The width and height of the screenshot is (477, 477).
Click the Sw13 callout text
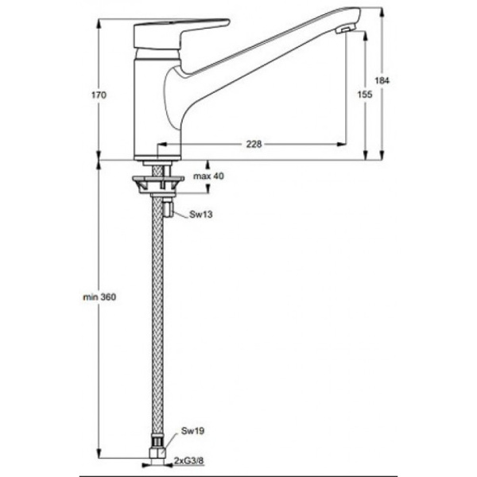click(200, 215)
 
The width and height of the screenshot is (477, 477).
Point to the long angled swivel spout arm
click(254, 56)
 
